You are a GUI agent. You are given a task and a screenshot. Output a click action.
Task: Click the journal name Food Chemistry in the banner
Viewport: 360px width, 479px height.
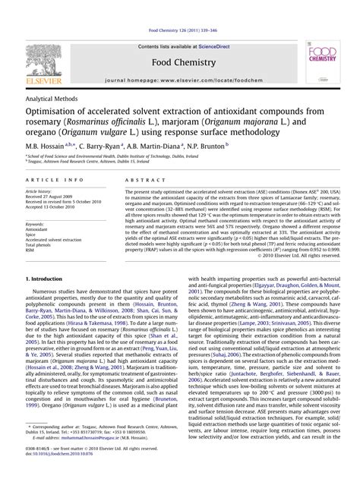click(179, 43)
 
